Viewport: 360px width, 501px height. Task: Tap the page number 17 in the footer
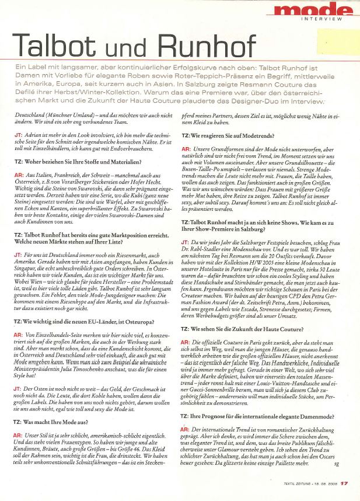click(x=345, y=482)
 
